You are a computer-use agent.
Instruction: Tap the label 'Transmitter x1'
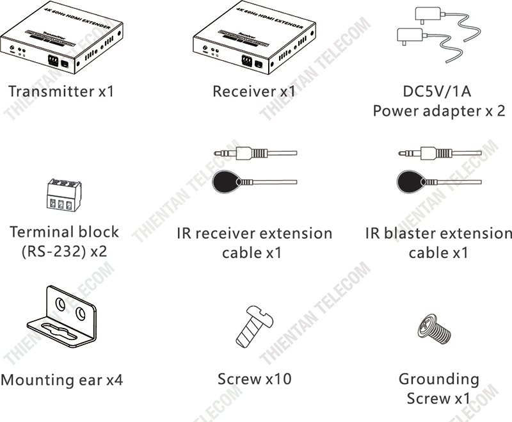[61, 91]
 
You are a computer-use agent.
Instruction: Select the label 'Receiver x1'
[254, 91]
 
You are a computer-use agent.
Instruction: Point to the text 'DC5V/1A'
[439, 91]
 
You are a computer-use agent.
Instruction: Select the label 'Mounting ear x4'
[61, 380]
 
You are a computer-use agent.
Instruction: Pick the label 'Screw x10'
[254, 378]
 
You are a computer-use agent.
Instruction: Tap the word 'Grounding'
[438, 379]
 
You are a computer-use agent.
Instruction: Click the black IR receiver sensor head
[227, 182]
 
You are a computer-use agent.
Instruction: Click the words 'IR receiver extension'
[254, 233]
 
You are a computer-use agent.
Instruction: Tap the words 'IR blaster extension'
[438, 233]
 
